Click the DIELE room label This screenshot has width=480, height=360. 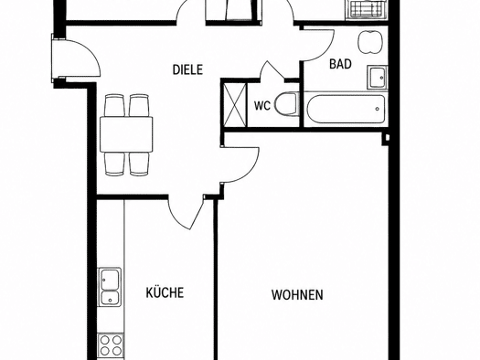click(x=187, y=69)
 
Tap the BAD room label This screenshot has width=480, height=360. click(x=340, y=64)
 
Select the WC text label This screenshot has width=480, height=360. click(x=262, y=106)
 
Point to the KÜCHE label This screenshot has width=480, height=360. click(x=165, y=291)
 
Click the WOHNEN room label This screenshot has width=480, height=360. click(x=297, y=295)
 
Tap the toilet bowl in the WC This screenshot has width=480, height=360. click(x=286, y=104)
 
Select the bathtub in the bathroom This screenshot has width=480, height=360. click(x=345, y=110)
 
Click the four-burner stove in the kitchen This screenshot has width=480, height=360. click(x=111, y=344)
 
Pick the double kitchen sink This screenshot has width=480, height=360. click(x=110, y=287)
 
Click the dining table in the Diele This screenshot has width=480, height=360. click(x=126, y=134)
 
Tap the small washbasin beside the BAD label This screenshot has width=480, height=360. click(x=378, y=78)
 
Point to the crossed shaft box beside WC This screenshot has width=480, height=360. click(x=235, y=105)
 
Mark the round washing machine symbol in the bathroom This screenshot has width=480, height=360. click(x=370, y=42)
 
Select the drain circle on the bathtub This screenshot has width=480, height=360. click(x=377, y=109)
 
